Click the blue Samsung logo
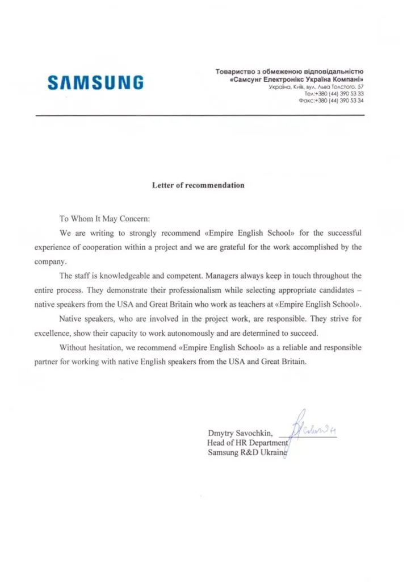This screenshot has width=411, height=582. [x=95, y=84]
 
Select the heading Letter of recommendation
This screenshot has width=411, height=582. [x=198, y=185]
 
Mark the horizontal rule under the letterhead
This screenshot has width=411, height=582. [x=199, y=115]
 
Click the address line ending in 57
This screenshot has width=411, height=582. [x=315, y=88]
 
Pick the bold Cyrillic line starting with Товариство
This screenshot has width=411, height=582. [x=289, y=72]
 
